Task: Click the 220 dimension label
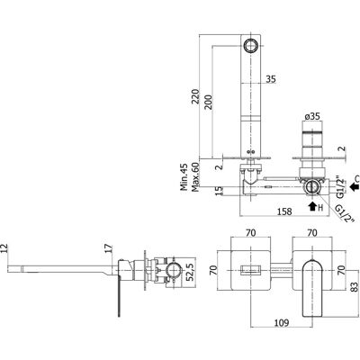coord(195,96)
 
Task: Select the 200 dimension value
coord(209,103)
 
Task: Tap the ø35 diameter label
coord(312,116)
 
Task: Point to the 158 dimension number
coord(284,211)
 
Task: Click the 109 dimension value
coord(282,323)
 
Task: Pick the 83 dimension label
coord(355,288)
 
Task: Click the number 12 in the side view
coord(4,248)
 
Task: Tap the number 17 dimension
coord(110,248)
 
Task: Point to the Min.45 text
coord(184,177)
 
